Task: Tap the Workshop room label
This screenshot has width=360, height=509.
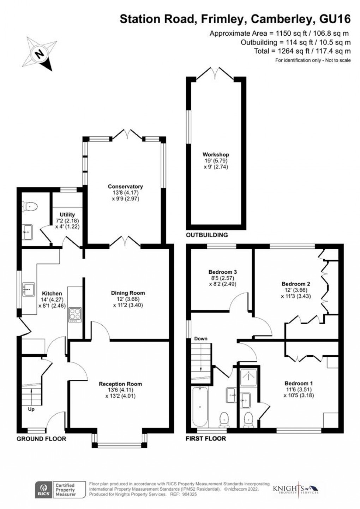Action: click(216, 154)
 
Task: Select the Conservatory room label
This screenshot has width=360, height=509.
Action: click(125, 187)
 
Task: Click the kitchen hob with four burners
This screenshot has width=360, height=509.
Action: click(75, 313)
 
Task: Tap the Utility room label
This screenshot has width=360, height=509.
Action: click(67, 214)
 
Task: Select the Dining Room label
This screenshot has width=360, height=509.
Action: click(128, 292)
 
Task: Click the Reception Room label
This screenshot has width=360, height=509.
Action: click(120, 384)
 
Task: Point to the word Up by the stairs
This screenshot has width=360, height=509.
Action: click(31, 409)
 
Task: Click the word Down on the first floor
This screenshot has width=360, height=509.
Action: click(201, 338)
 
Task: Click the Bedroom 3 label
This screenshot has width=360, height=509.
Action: click(222, 272)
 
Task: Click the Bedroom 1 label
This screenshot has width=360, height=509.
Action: click(299, 383)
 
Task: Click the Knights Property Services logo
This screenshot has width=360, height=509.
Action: click(296, 490)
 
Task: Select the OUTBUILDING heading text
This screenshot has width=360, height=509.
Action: click(207, 235)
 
